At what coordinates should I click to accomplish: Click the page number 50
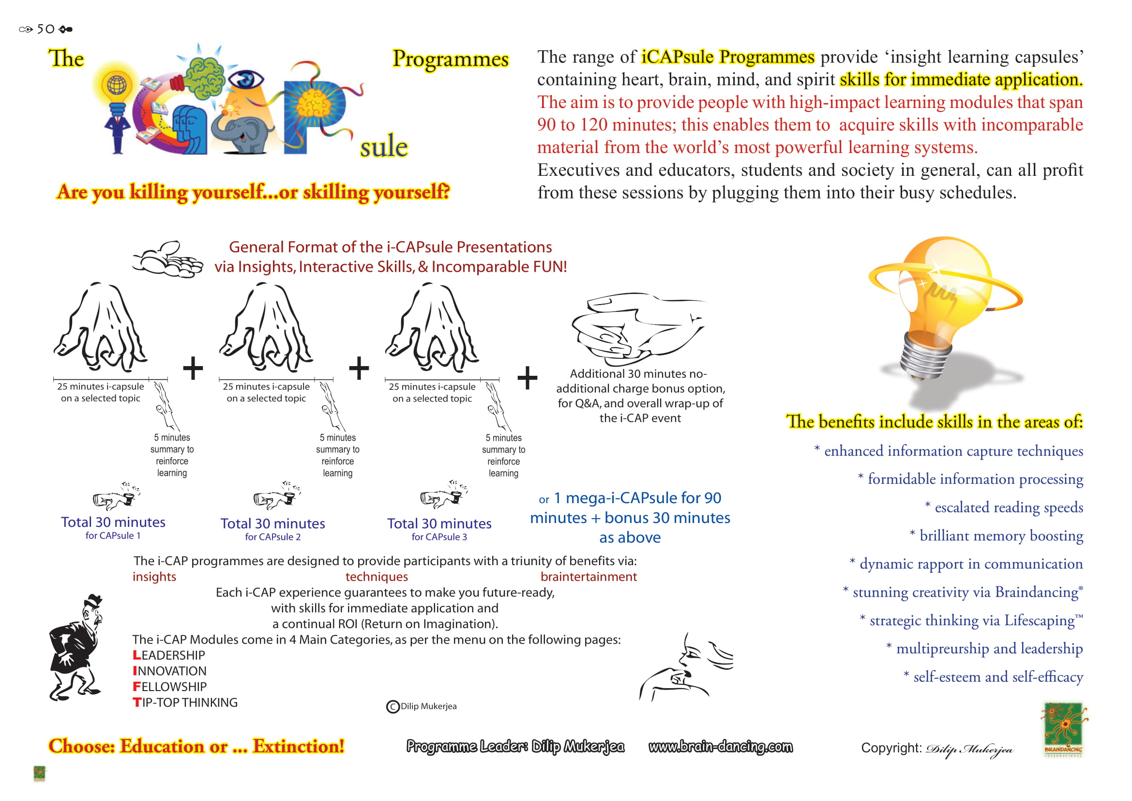pos(45,29)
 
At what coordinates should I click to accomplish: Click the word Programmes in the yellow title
pos(450,59)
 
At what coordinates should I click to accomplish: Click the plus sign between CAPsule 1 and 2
pos(193,368)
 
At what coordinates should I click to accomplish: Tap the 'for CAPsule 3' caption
pos(439,537)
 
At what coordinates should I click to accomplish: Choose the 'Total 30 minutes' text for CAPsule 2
pos(272,524)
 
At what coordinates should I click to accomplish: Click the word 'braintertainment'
pos(588,577)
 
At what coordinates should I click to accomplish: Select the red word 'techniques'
pos(377,577)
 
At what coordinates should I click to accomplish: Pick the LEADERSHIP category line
pos(168,655)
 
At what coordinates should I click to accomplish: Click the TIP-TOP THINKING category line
pos(185,702)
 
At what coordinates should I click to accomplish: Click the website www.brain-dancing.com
pos(720,747)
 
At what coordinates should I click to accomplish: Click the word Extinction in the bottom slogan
pos(298,746)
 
